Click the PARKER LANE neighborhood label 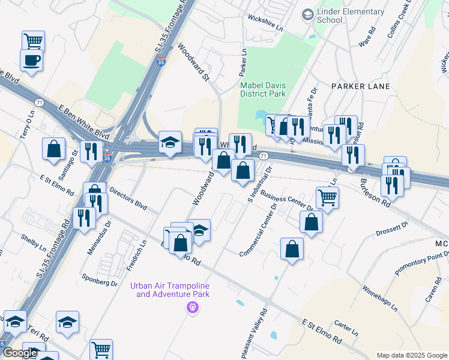tap(360, 86)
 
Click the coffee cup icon tap(31, 59)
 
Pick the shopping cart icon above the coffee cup tap(33, 41)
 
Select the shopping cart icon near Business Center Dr tap(327, 196)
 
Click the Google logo tap(20, 353)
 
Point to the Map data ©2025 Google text tap(412, 355)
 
